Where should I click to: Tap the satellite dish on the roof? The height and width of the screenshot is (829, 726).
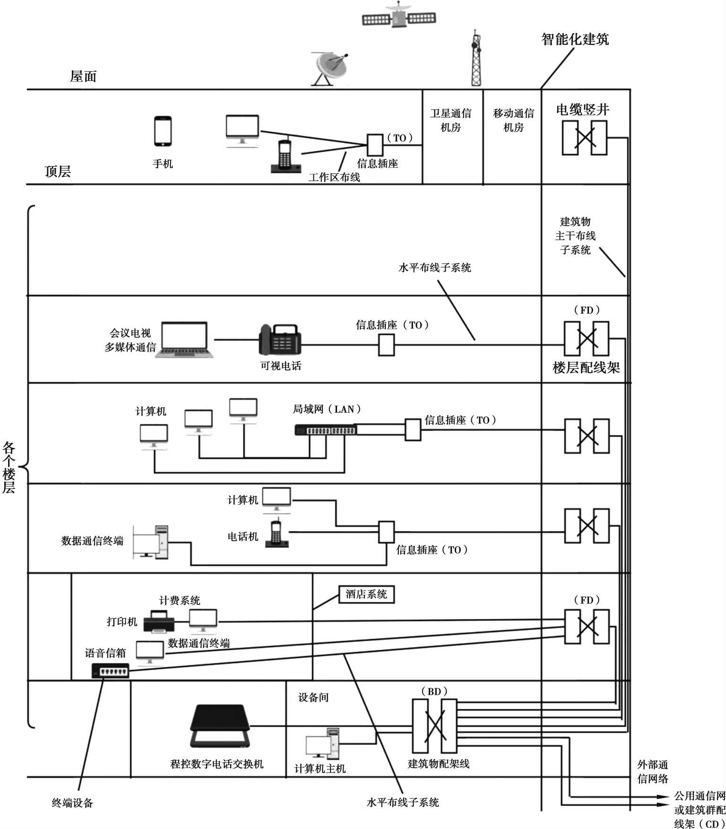331,69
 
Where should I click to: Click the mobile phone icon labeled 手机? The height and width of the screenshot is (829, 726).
163,131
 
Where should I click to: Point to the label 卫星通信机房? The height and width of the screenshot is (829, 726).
450,120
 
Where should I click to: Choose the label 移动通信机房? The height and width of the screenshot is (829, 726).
513,120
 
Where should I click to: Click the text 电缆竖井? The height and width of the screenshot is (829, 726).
582,110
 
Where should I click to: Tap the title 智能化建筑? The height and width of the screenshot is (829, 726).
575,39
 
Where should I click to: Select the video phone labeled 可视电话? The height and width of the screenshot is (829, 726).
280,339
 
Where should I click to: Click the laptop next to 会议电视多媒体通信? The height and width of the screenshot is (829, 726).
184,339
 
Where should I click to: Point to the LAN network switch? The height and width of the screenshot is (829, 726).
325,430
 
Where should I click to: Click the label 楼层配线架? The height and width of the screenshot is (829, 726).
586,367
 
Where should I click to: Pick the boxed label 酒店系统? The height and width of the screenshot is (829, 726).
366,594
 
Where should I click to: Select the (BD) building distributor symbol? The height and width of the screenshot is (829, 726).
434,726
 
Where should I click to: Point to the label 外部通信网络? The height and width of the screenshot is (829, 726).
652,771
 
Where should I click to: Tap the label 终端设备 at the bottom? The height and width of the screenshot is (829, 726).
72,803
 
